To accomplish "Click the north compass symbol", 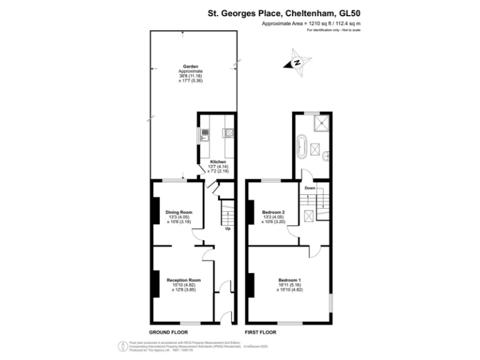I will (297, 62).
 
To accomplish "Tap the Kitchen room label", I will (217, 162).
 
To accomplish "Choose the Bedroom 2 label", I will (274, 212).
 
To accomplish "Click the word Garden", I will (191, 66).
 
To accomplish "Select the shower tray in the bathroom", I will (322, 122).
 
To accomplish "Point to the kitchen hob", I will (229, 132).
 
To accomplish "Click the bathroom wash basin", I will (326, 156).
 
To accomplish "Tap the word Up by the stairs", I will (227, 229).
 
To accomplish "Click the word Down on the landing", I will (310, 187).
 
